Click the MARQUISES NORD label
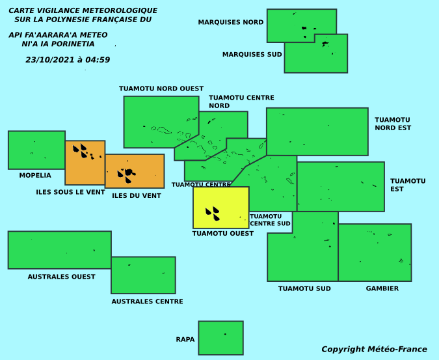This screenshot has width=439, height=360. (231, 22)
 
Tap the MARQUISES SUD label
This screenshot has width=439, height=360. (252, 54)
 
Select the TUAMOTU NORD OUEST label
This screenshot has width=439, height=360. (161, 89)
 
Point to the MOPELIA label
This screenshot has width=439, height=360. (35, 175)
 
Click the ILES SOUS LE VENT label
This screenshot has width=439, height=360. (70, 192)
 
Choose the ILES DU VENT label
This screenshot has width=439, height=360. (137, 195)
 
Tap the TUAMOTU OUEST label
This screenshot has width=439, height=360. (223, 233)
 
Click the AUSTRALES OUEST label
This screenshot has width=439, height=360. (61, 277)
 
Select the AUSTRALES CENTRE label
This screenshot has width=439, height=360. (147, 301)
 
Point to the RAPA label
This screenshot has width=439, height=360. (185, 340)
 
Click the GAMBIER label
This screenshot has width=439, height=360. (382, 288)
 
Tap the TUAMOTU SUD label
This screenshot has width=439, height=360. (304, 288)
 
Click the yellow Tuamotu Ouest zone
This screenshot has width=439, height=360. (221, 208)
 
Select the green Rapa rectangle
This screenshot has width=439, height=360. (221, 338)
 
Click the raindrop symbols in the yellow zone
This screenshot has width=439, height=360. (213, 214)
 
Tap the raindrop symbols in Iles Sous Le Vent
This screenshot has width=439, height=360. (80, 151)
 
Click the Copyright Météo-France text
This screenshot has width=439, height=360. (374, 350)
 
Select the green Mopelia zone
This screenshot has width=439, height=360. (36, 150)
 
